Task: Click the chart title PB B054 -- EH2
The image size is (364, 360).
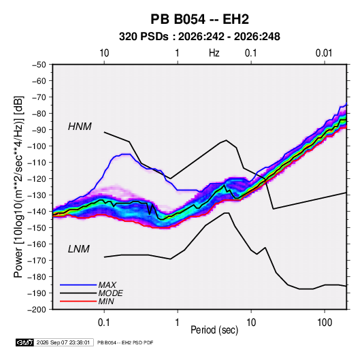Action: coord(199,19)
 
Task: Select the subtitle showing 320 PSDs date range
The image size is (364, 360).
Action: coord(199,37)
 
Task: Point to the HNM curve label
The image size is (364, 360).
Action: coord(80,127)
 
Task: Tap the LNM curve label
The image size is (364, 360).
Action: coord(79,249)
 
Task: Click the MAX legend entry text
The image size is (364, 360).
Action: coord(107,284)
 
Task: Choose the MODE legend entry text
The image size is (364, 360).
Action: coord(110,293)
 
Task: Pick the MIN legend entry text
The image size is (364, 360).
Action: coord(106,301)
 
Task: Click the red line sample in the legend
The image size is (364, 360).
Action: coord(78,301)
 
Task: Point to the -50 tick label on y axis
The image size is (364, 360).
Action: coord(39,65)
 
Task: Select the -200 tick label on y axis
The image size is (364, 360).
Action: coord(37,310)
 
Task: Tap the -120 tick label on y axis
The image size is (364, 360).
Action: coord(37,179)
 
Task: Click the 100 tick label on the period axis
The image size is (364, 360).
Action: coord(325,323)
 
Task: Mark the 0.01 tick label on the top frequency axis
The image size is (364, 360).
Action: coord(324,53)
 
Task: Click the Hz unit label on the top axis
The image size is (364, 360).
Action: coord(214,53)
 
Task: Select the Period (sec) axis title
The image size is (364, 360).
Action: coord(214,330)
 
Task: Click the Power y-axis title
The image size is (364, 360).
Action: coord(18,187)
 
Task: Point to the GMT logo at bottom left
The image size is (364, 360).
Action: coord(25,342)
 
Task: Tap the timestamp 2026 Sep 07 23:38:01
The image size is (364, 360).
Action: coord(63,342)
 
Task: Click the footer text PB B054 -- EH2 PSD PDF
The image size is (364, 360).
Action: coord(125,342)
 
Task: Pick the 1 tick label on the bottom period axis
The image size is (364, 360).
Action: coord(177,323)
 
